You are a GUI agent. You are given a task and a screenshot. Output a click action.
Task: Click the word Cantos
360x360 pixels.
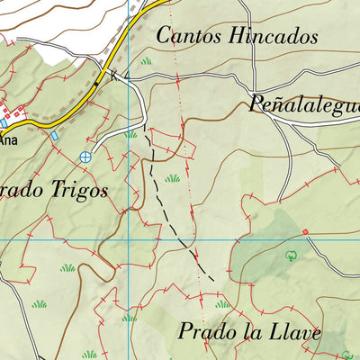pyautogui.click(x=187, y=36)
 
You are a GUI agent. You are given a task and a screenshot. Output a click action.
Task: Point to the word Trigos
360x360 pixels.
pyautogui.click(x=76, y=190)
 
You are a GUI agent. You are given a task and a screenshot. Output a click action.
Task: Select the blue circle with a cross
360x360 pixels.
pyautogui.click(x=85, y=157)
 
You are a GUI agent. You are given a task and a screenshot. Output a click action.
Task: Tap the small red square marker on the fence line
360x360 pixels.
pyautogui.click(x=305, y=232)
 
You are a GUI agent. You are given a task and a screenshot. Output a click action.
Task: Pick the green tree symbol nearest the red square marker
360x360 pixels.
pyautogui.click(x=290, y=256)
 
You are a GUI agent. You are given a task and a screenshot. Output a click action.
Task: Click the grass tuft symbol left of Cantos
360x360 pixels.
pyautogui.click(x=146, y=60)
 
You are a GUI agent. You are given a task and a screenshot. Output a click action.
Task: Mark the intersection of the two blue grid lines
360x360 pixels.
pyautogui.click(x=129, y=239)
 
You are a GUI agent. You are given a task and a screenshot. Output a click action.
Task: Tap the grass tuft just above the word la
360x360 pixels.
pyautogui.click(x=221, y=304)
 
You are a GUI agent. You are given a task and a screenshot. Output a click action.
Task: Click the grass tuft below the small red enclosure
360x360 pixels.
pyautogui.click(x=172, y=178)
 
